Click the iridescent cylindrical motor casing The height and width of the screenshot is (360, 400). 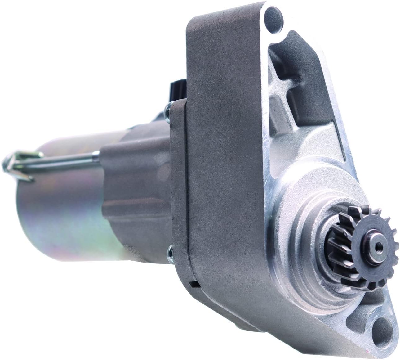62,217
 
